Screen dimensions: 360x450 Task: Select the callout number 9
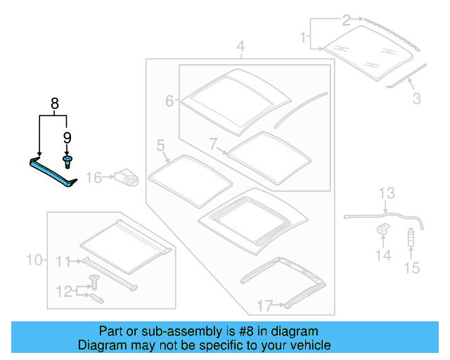(67, 138)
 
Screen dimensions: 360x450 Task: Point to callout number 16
(94, 179)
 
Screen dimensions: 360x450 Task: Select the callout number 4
(240, 48)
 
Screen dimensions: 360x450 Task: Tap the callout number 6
(169, 101)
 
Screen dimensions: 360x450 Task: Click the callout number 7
(214, 143)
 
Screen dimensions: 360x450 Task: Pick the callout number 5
(160, 146)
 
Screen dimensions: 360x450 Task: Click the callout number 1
(303, 36)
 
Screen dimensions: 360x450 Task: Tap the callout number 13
(387, 193)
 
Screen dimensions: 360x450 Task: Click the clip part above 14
(384, 228)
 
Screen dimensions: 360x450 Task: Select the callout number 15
(411, 267)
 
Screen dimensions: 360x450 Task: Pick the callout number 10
(34, 260)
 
